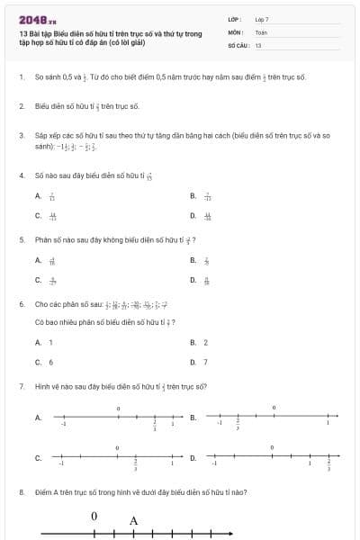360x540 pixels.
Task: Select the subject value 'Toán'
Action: tap(261, 31)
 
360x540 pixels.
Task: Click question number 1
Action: tap(21, 77)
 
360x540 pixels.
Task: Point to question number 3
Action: tap(21, 135)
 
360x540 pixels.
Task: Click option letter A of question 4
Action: tap(38, 195)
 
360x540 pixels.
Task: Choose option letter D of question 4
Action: tap(193, 216)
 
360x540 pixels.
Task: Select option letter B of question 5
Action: tap(193, 260)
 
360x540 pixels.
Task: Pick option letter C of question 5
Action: tap(38, 280)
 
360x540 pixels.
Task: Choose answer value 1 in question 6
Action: tap(50, 342)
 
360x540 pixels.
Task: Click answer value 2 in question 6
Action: tap(206, 342)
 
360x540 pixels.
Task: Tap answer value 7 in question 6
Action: tap(206, 362)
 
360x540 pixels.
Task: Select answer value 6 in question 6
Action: tap(50, 362)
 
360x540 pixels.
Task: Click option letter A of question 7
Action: tap(38, 418)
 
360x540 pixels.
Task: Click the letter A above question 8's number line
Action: tap(133, 520)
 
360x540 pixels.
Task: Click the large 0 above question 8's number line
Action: tap(94, 517)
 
